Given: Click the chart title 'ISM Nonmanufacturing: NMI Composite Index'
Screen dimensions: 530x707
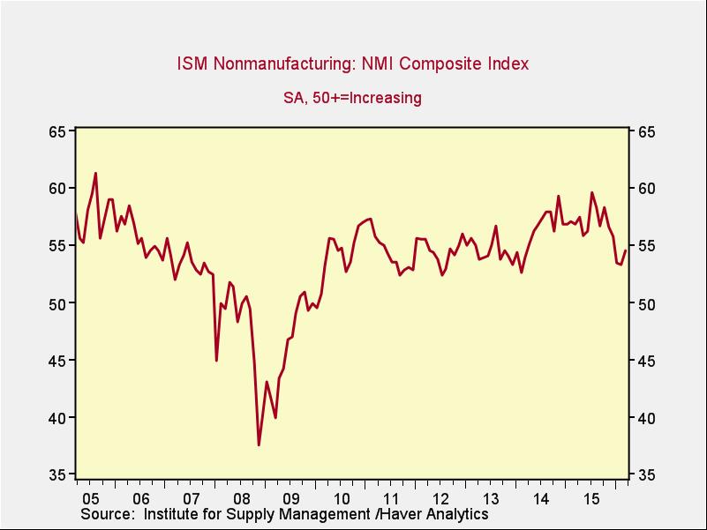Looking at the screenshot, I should (x=353, y=63).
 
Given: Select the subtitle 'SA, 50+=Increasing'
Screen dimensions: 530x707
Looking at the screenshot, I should (x=352, y=98).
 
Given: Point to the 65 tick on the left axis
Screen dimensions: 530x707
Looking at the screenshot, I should (x=58, y=131).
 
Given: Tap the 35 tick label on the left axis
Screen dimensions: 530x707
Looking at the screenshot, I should (x=58, y=475).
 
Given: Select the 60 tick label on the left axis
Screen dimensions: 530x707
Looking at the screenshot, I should (x=58, y=189).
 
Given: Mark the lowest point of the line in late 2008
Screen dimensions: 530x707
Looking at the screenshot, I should (x=259, y=444).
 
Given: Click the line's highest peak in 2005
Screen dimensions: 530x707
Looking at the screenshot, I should (x=95, y=173).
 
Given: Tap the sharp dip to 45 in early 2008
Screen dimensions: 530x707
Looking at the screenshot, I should (x=216, y=360).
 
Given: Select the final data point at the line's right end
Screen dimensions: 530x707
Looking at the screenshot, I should (x=626, y=250).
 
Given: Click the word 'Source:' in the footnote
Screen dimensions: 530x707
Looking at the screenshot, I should (x=111, y=513).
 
